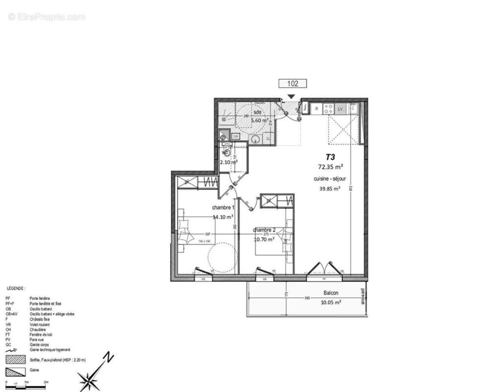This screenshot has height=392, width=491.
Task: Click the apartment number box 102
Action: click(x=292, y=83)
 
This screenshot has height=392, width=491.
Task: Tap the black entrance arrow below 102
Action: click(x=291, y=97)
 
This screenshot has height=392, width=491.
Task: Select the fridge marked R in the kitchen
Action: click(x=316, y=108)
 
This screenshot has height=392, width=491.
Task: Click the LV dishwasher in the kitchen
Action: click(x=341, y=108)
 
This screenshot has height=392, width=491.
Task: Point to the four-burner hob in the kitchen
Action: click(x=329, y=108)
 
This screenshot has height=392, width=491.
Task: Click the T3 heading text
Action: click(x=330, y=157)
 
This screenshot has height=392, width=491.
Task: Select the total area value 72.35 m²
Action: click(x=330, y=167)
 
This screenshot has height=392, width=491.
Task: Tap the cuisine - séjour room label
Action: click(x=328, y=179)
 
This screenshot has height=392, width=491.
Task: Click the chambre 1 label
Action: click(x=223, y=207)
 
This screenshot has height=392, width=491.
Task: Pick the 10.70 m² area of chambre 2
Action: click(x=264, y=240)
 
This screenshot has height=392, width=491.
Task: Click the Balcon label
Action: click(x=331, y=294)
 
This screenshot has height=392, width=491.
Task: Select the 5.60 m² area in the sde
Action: click(x=260, y=120)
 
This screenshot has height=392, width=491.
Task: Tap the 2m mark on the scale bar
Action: click(x=46, y=381)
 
